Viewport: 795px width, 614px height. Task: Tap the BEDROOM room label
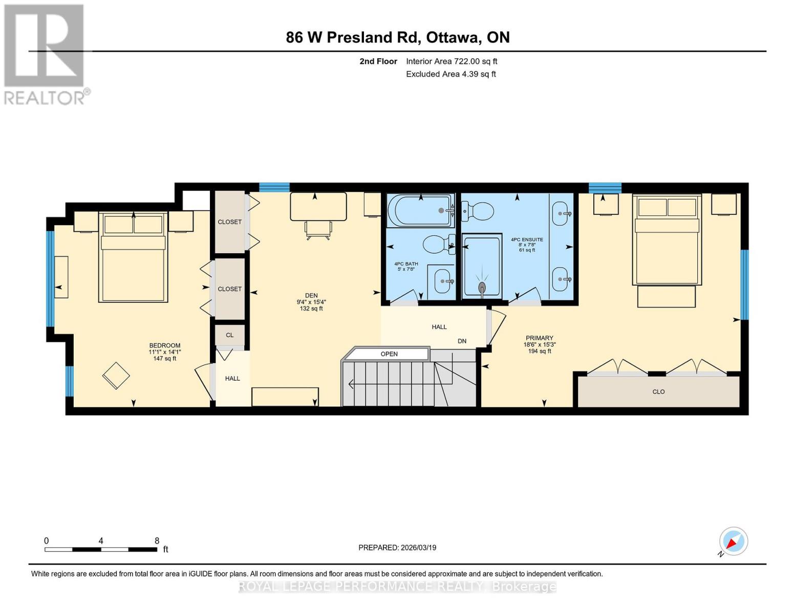click(x=164, y=345)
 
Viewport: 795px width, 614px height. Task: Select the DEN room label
click(x=311, y=295)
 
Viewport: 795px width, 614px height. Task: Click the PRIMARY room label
click(x=539, y=338)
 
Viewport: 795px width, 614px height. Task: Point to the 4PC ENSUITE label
click(x=527, y=239)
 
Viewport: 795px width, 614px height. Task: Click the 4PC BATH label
click(x=406, y=264)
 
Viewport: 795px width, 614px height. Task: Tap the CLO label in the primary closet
click(x=658, y=391)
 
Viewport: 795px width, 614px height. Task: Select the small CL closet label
click(x=229, y=335)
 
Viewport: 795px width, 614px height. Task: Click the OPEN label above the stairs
click(x=389, y=354)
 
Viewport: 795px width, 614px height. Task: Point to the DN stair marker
click(x=462, y=341)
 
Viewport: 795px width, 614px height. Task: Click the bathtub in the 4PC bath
click(x=420, y=210)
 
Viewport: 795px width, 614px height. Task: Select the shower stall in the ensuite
click(x=481, y=266)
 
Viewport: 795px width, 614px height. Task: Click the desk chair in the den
click(x=318, y=230)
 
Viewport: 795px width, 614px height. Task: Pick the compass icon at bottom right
click(x=733, y=541)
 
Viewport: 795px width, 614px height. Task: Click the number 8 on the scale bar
click(x=157, y=541)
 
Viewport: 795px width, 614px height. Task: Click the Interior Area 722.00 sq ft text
click(x=452, y=61)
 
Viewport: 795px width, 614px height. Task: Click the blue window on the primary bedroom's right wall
click(x=744, y=284)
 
